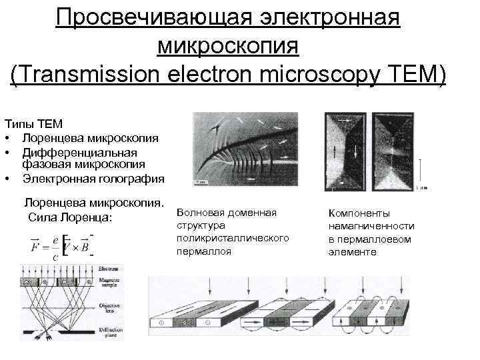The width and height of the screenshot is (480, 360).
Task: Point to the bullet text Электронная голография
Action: coord(93,178)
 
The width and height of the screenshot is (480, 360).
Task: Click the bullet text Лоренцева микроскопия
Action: coord(90,138)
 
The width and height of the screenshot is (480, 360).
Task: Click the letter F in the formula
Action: coord(35,247)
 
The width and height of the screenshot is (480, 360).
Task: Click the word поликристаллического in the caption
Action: coord(233,238)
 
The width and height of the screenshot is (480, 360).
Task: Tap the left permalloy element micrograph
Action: coord(345,153)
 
